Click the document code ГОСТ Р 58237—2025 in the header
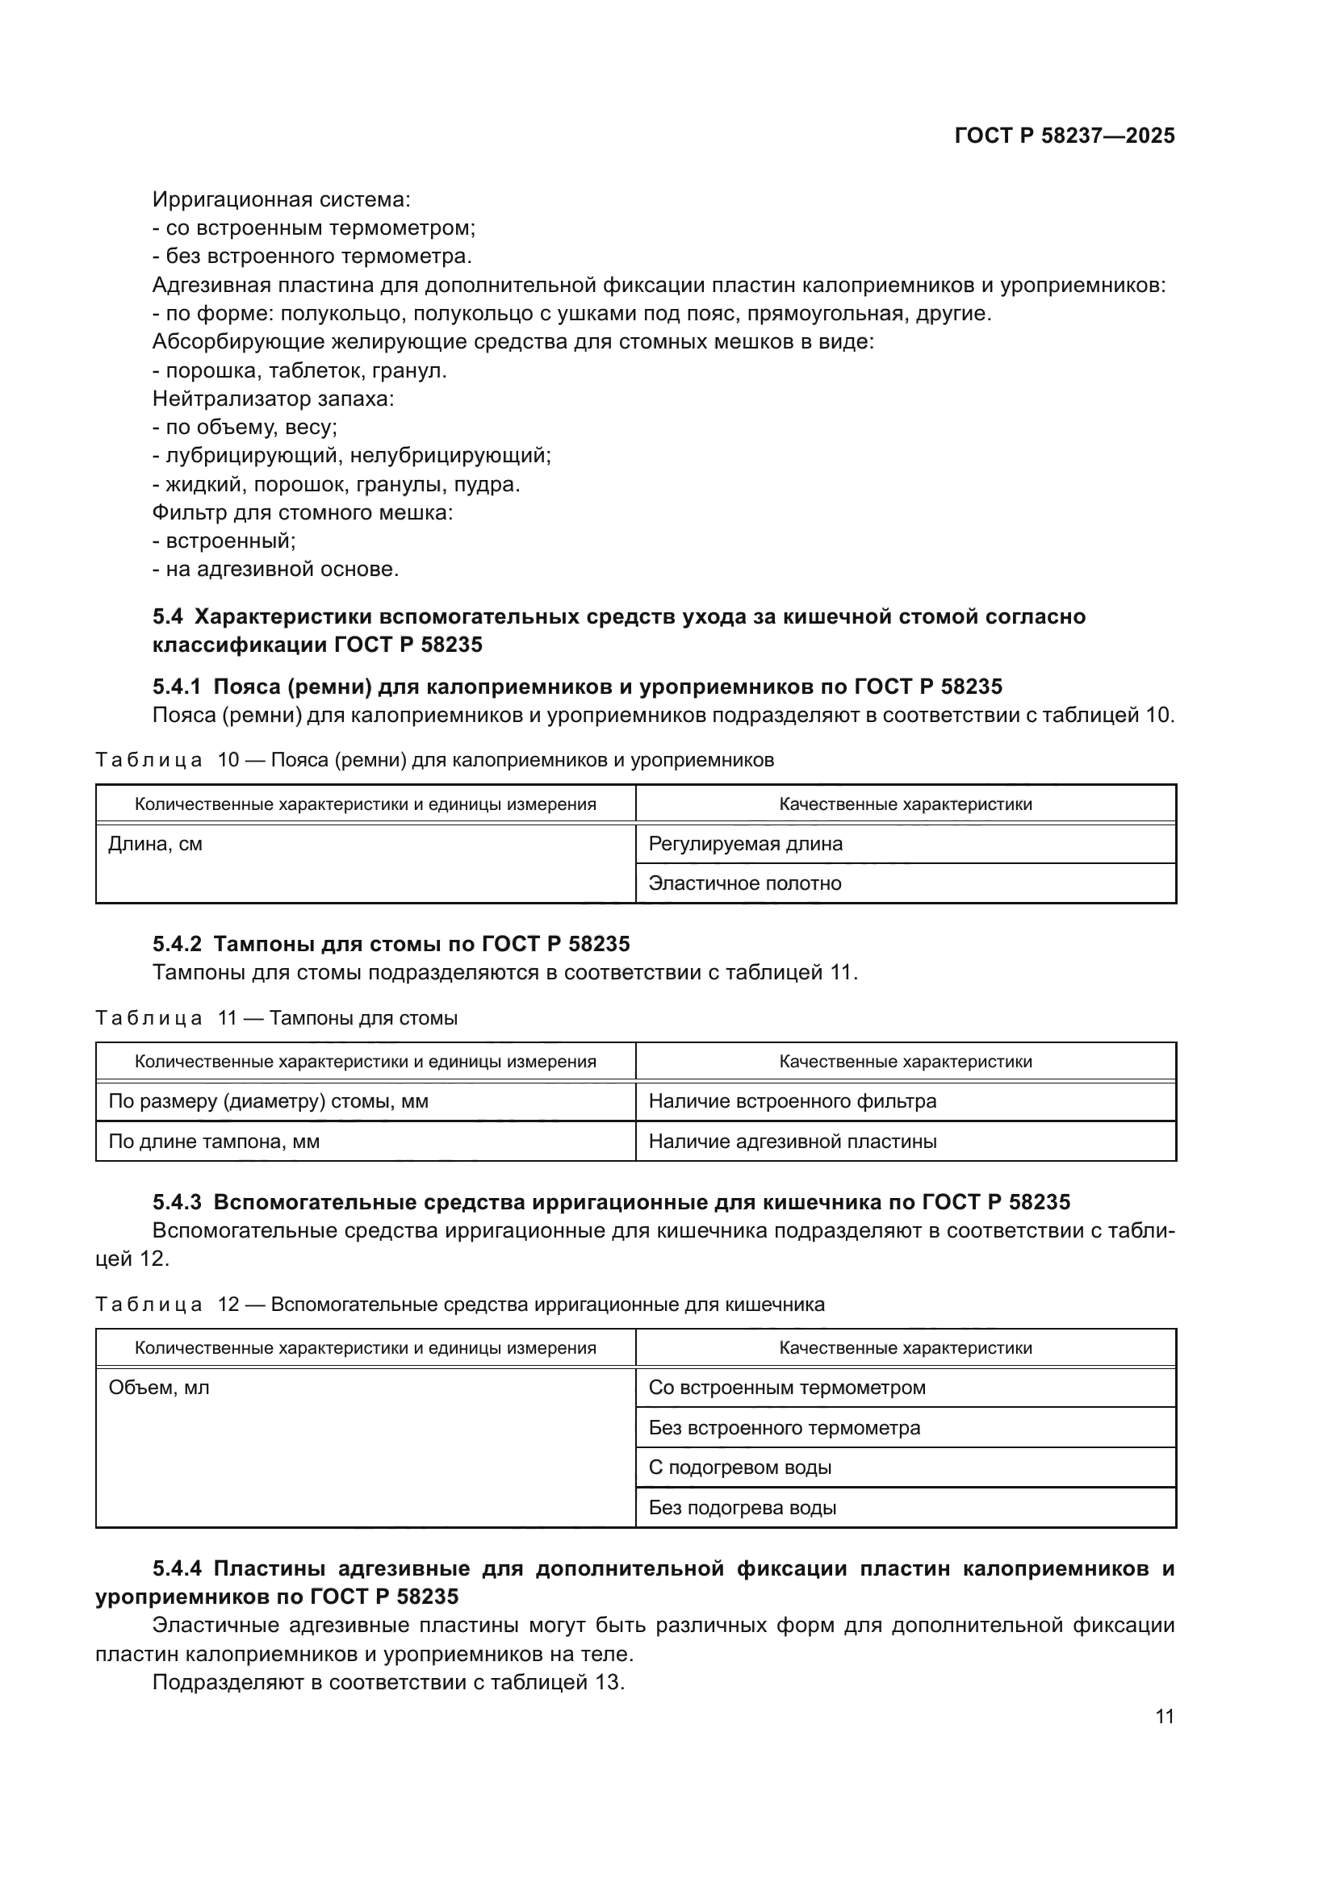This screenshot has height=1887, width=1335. pos(1065,136)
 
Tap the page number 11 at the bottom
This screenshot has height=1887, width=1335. pos(1165,1716)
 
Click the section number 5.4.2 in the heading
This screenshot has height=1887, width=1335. pos(177,944)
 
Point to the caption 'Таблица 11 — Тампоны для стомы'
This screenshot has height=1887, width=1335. pos(276,1018)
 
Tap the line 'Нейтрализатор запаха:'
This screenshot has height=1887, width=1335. pos(273,399)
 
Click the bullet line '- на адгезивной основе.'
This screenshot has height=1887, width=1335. pos(275,569)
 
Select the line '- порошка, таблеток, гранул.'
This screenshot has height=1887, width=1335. pos(299,370)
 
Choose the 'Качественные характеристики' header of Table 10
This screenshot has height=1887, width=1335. pos(905,804)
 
